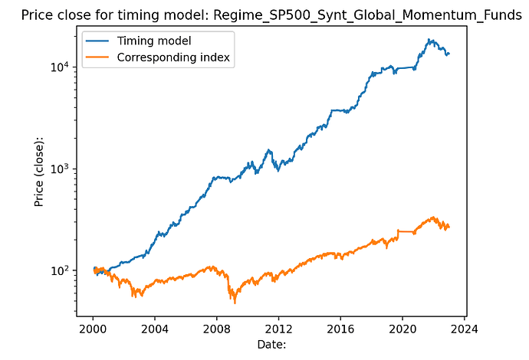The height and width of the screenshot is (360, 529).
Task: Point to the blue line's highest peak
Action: pos(431,40)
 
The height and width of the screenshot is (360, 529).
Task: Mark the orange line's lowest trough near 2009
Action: pos(235,303)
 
